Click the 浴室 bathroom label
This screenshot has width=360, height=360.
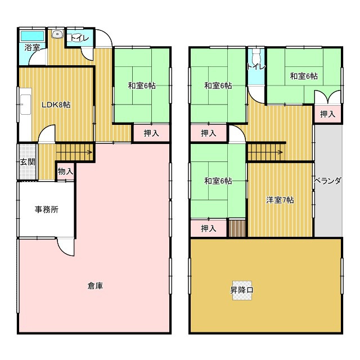(x=32, y=48)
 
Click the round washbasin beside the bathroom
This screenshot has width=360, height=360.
(x=56, y=35)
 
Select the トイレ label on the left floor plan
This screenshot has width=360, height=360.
(x=78, y=38)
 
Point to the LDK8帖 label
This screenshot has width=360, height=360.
(x=56, y=105)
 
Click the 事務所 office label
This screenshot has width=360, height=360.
(x=47, y=209)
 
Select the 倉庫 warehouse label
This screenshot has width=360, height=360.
(x=95, y=286)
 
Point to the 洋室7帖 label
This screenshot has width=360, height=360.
(x=280, y=200)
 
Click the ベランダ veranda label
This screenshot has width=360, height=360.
(x=327, y=181)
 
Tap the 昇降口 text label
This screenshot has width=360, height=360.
(x=242, y=290)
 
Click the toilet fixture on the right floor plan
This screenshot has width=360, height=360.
(x=256, y=58)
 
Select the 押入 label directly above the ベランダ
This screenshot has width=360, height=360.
(x=327, y=114)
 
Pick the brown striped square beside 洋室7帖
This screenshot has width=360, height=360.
(x=238, y=228)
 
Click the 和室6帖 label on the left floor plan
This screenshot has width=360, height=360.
(x=141, y=85)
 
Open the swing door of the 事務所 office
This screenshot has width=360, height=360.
(x=64, y=246)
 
